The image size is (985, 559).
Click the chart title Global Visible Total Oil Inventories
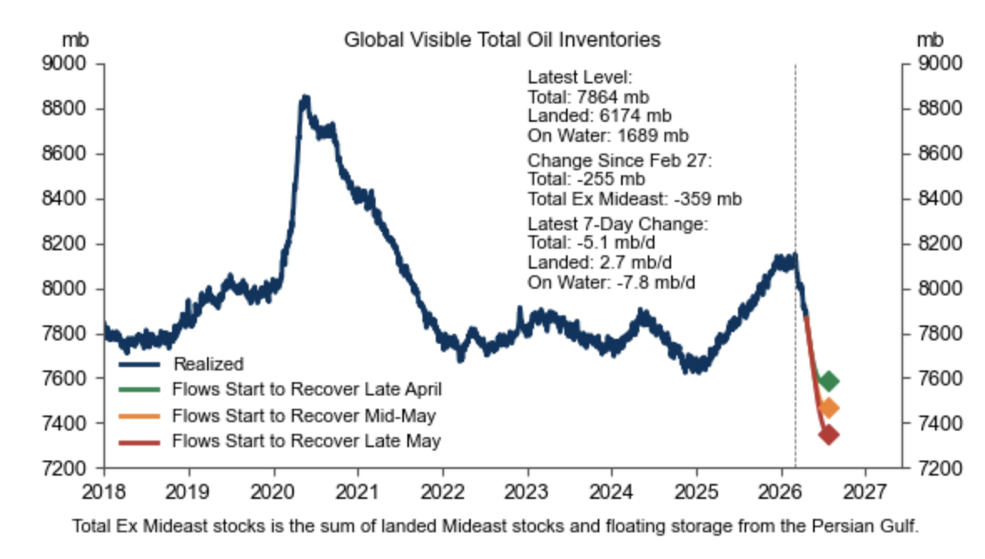pyautogui.click(x=502, y=39)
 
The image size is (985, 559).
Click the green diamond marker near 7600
pyautogui.click(x=828, y=381)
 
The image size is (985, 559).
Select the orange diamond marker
pyautogui.click(x=828, y=408)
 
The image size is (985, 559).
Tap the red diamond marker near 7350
pyautogui.click(x=828, y=435)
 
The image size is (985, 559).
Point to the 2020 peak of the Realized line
pyautogui.click(x=305, y=99)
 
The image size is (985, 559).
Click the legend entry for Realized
pyautogui.click(x=208, y=364)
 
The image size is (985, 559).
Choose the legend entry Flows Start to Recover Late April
pyautogui.click(x=306, y=389)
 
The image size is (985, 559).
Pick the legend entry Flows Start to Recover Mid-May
pyautogui.click(x=304, y=415)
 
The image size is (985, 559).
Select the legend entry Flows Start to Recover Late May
pyautogui.click(x=306, y=440)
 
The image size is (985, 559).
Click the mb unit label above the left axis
pyautogui.click(x=76, y=39)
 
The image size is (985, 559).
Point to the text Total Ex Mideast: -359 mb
pyautogui.click(x=634, y=199)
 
